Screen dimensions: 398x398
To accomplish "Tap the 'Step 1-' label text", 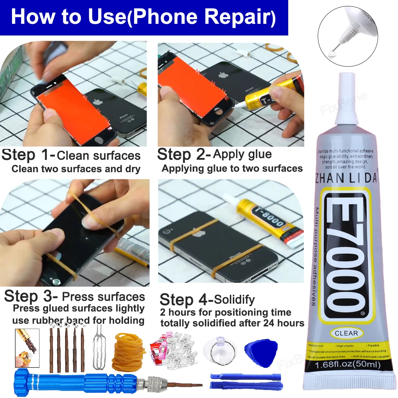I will [x=28, y=155].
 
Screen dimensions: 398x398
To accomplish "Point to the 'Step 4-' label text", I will [x=186, y=300].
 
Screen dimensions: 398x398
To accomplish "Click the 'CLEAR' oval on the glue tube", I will [x=346, y=333].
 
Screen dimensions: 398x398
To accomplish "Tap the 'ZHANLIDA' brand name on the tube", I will [x=346, y=178].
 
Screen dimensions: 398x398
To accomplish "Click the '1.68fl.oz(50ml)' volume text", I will [x=348, y=365].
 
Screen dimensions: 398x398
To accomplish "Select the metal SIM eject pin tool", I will [x=99, y=348].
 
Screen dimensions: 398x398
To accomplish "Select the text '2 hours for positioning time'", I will [x=226, y=312].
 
